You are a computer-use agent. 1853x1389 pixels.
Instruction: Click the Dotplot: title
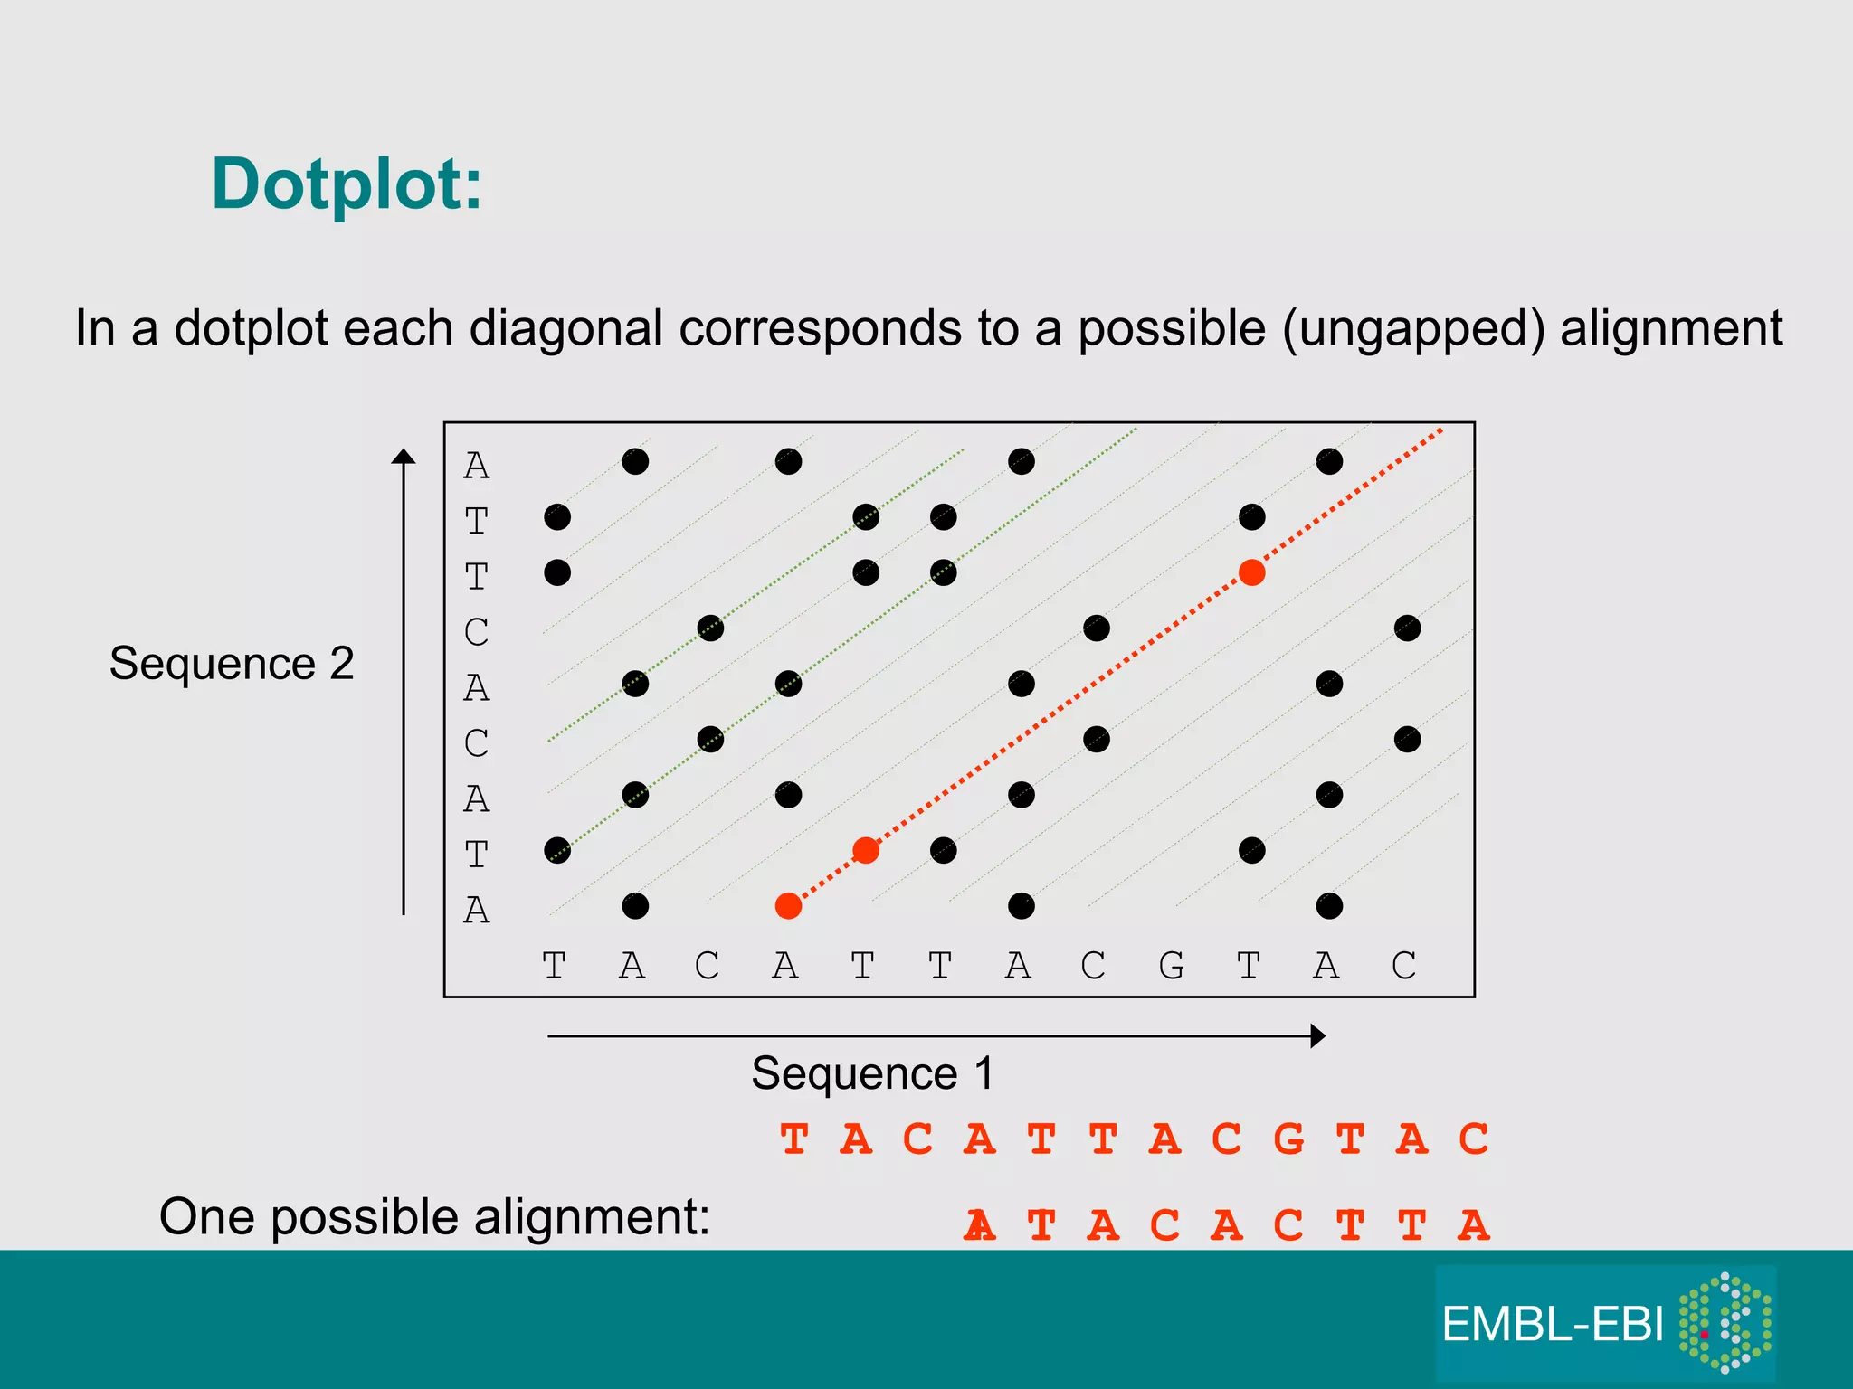347,184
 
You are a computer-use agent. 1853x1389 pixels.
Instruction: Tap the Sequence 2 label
232,663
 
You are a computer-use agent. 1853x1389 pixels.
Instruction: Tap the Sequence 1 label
872,1073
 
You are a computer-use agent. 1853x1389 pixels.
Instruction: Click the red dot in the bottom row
788,906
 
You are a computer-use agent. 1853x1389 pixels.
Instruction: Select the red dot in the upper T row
1251,572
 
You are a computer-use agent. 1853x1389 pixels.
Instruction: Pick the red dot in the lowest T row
866,850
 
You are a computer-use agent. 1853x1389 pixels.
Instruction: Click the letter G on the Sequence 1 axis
1171,966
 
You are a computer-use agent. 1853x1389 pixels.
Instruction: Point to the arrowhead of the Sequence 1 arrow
1318,1036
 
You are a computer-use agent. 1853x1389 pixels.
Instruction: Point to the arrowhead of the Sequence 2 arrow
404,457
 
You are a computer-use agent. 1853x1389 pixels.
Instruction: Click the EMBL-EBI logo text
1552,1325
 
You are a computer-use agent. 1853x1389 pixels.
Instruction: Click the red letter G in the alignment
1288,1139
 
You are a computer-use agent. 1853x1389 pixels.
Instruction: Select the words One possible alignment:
434,1216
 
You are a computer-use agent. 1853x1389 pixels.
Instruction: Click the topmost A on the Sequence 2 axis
476,466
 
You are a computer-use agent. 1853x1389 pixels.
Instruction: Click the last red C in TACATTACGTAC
1473,1139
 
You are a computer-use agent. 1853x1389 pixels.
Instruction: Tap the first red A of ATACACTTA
980,1226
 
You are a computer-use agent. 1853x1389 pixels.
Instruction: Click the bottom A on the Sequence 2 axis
476,910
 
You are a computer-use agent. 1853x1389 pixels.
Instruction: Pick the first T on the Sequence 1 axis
554,966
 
